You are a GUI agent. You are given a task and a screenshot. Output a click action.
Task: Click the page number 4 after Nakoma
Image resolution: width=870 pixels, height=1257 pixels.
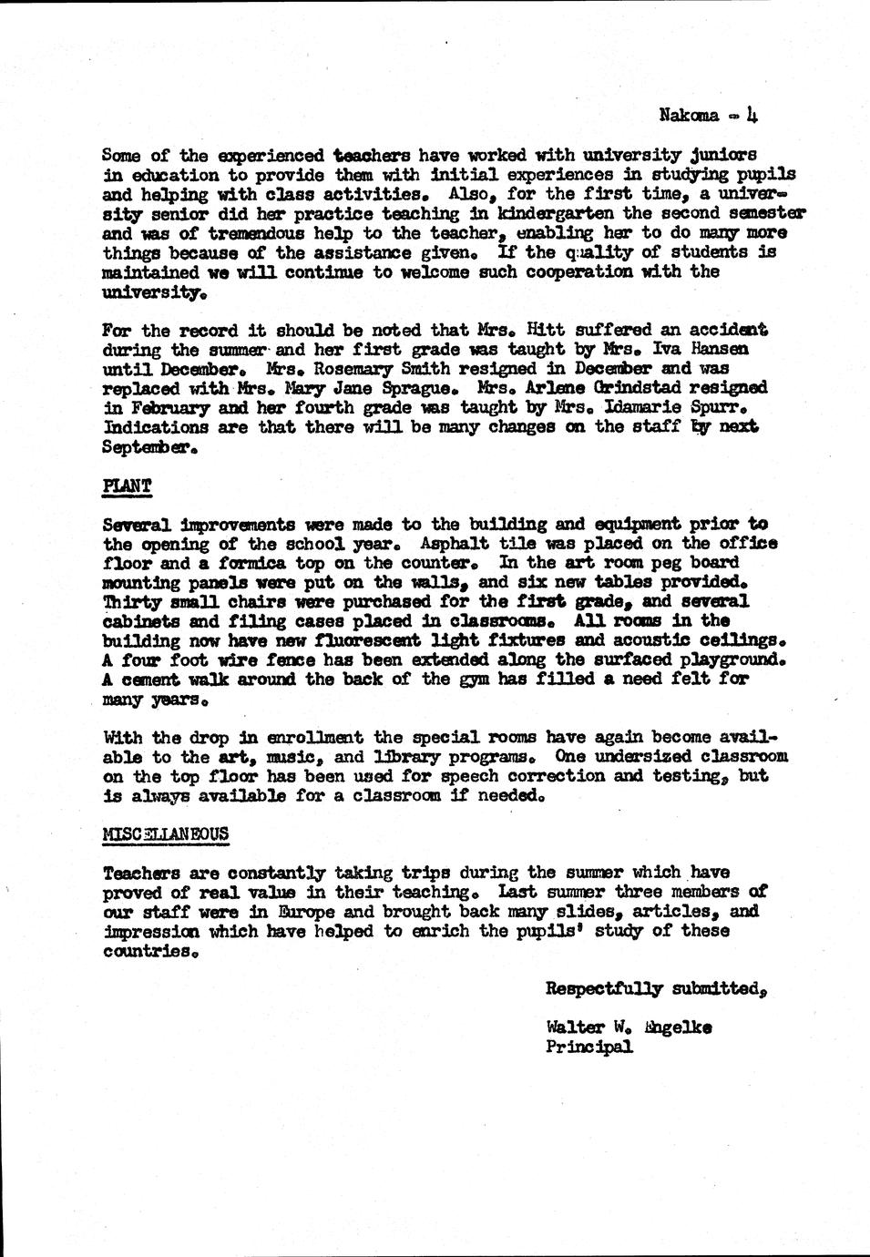(752, 115)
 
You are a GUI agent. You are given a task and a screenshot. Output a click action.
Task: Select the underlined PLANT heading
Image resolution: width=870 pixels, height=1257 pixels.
(127, 485)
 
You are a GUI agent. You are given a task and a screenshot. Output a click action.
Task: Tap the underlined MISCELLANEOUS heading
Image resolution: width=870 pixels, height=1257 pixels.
(166, 833)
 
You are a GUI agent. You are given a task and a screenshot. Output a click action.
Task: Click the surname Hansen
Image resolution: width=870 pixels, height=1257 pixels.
(724, 349)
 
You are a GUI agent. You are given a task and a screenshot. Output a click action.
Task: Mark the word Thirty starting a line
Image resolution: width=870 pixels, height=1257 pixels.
(130, 601)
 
